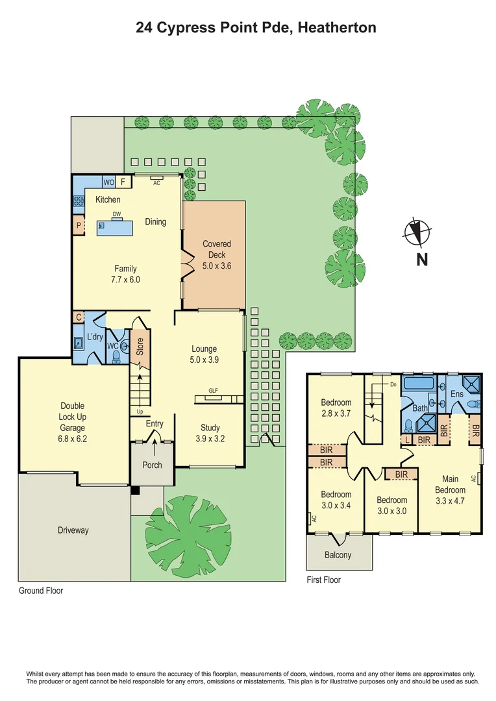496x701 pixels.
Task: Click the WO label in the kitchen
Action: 108,182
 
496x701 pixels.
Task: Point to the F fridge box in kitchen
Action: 122,182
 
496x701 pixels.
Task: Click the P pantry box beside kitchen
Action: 79,226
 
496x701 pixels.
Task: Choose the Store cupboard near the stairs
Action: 140,347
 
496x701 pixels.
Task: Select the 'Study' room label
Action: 210,428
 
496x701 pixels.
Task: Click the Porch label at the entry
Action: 153,465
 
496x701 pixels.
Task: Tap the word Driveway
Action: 73,530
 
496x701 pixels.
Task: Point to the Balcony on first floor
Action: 338,555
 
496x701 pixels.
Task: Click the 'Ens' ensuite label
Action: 457,394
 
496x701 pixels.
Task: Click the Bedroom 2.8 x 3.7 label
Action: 336,408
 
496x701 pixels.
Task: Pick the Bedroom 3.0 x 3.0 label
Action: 391,505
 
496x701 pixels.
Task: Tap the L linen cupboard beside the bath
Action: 406,440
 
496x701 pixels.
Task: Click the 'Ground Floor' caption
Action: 41,591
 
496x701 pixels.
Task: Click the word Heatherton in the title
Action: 337,27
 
